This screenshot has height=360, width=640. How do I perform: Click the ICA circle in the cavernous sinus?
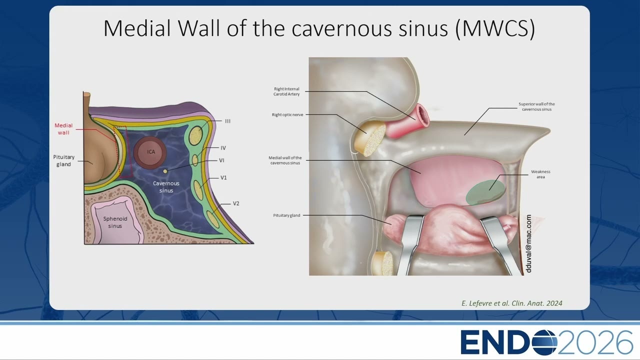coord(150,152)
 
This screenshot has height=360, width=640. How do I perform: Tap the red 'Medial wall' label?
coord(63,129)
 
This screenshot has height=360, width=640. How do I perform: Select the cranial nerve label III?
coord(227,121)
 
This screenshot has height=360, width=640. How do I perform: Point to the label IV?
coord(223,148)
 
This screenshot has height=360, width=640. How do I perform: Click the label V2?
coord(236,203)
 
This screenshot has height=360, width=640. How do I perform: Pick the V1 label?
coord(223,177)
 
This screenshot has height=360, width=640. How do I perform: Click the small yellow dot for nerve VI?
coord(165,171)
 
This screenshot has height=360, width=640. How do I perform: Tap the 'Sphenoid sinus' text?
coord(115,222)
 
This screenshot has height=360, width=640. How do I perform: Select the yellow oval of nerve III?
coord(196,134)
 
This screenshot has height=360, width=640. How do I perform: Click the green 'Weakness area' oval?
coord(485,192)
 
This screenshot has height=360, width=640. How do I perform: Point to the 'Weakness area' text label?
coord(540,174)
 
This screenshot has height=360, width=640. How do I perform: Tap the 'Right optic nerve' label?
coord(287,115)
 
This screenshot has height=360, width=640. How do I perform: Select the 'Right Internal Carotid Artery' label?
coord(286,91)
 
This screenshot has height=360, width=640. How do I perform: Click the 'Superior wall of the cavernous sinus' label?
coord(536,106)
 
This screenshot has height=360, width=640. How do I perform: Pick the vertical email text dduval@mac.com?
coord(528,243)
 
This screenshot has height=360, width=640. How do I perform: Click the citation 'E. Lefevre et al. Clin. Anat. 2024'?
coord(511,303)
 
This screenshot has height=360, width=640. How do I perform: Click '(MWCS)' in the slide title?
coord(494,28)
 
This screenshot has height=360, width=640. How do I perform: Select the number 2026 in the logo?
coord(595,342)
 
